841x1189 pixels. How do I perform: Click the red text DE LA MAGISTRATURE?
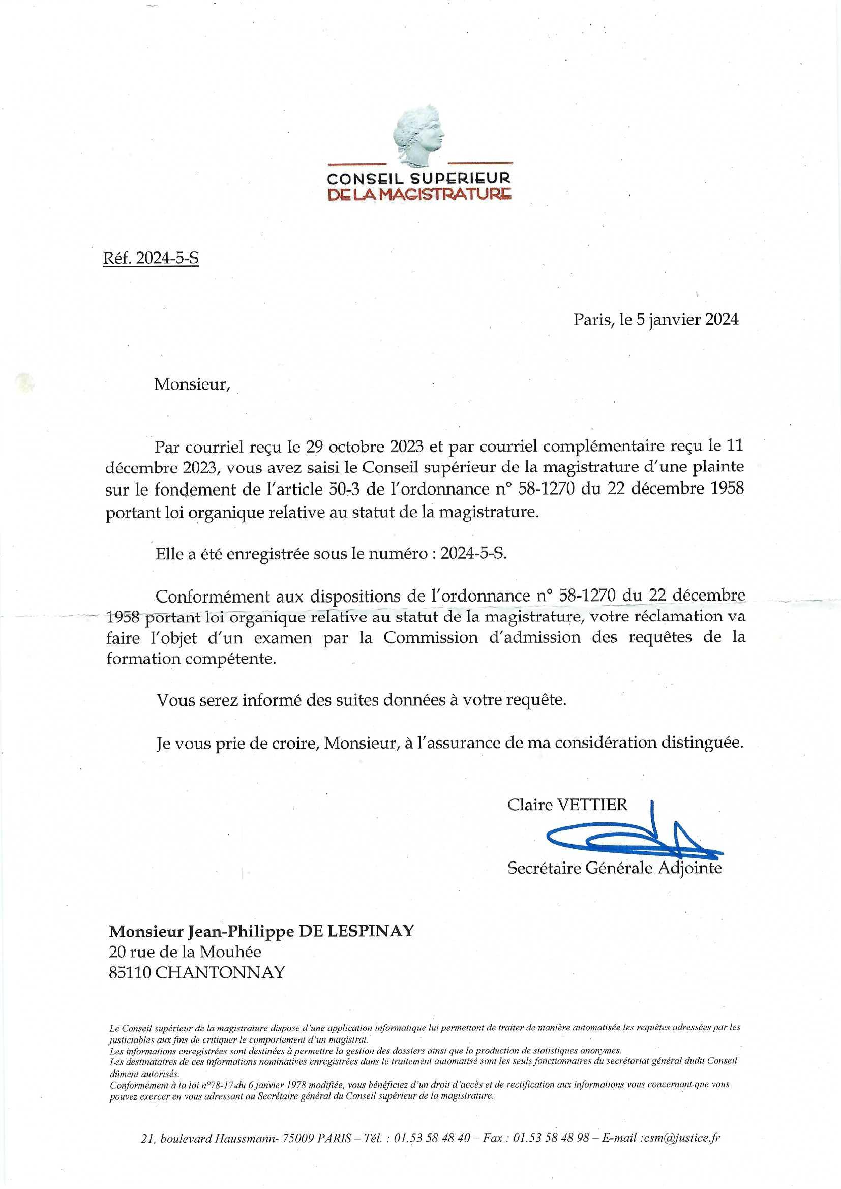[x=420, y=195]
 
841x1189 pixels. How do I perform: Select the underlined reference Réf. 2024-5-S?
[x=151, y=258]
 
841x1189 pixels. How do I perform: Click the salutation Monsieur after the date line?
[x=192, y=385]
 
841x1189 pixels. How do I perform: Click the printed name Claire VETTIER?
[x=567, y=805]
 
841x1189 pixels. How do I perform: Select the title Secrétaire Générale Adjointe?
[x=614, y=868]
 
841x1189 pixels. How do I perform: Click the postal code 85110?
[x=130, y=972]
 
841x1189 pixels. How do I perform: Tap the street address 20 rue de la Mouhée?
[x=185, y=952]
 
